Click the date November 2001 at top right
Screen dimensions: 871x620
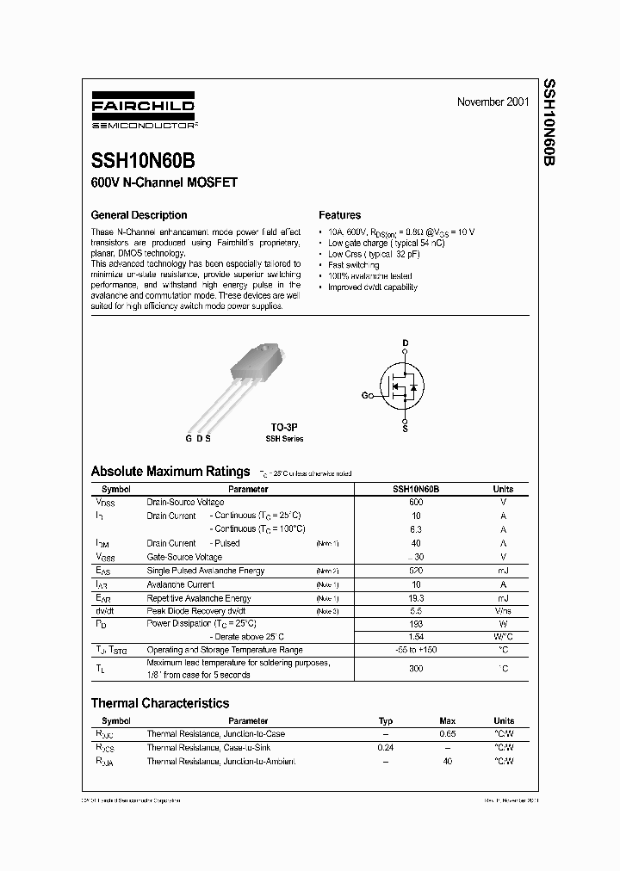493,102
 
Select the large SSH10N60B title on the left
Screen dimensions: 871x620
147,161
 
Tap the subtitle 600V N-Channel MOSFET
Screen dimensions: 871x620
164,182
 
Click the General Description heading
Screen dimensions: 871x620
139,215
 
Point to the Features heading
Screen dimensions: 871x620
340,215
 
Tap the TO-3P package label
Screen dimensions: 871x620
283,427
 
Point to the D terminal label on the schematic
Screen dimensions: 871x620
405,343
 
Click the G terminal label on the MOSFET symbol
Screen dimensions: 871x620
365,395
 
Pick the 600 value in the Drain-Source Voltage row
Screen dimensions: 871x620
416,502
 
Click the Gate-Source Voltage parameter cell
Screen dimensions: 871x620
184,557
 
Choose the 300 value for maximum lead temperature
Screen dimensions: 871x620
416,668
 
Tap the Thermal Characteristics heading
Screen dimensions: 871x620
160,703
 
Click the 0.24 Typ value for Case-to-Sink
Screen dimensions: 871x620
385,748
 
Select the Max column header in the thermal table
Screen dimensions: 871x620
447,720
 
